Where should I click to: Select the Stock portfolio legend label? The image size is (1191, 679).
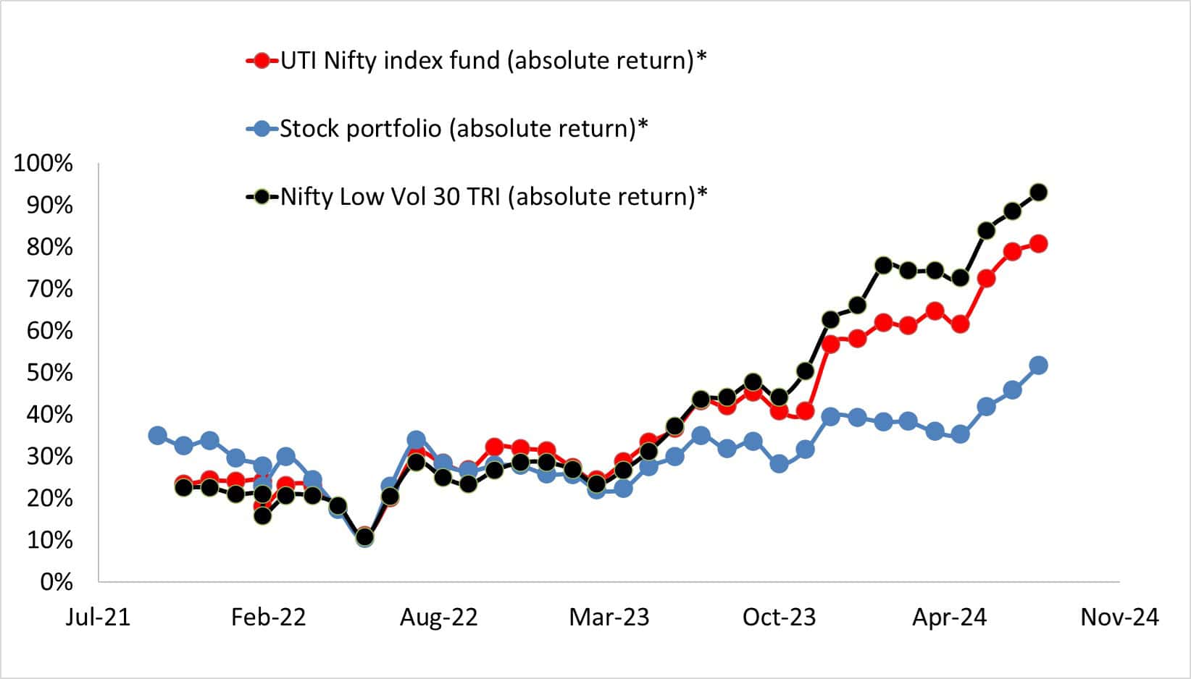pyautogui.click(x=464, y=128)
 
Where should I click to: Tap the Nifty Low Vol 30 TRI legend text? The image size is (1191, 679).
pyautogui.click(x=493, y=196)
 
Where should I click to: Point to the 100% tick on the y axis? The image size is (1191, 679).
pyautogui.click(x=43, y=164)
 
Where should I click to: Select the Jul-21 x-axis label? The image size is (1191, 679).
pyautogui.click(x=98, y=617)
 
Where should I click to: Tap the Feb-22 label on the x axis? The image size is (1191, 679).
pyautogui.click(x=268, y=617)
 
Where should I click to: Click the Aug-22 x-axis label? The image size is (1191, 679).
pyautogui.click(x=438, y=617)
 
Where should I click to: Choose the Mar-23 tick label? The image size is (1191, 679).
pyautogui.click(x=609, y=617)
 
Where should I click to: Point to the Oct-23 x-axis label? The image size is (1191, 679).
pyautogui.click(x=780, y=617)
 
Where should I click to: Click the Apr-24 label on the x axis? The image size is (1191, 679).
pyautogui.click(x=949, y=617)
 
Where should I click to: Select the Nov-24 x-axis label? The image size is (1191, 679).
pyautogui.click(x=1120, y=617)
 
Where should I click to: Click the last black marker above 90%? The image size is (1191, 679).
pyautogui.click(x=1038, y=193)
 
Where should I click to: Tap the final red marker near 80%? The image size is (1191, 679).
pyautogui.click(x=1038, y=244)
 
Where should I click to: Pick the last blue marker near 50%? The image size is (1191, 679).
pyautogui.click(x=1038, y=366)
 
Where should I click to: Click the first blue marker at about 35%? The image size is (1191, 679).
pyautogui.click(x=157, y=436)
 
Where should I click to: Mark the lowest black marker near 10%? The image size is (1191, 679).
pyautogui.click(x=364, y=538)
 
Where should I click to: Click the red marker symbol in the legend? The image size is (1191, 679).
pyautogui.click(x=262, y=60)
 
